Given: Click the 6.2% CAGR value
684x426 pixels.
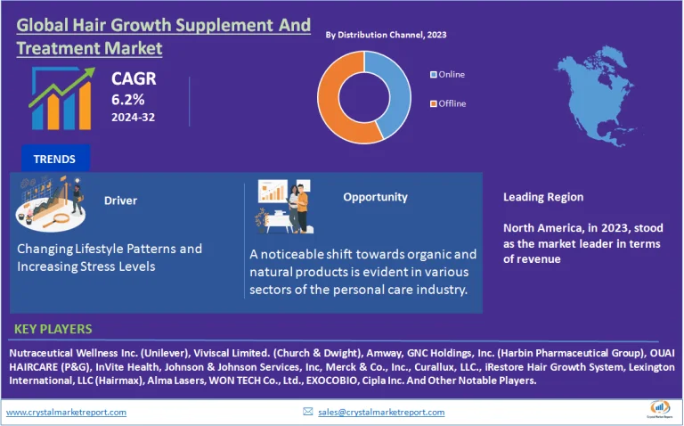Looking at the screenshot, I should (126, 98).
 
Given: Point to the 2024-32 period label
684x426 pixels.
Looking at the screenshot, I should (132, 116).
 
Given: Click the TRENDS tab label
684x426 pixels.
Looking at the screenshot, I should (54, 160).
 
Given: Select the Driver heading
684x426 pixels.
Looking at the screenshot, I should (120, 201).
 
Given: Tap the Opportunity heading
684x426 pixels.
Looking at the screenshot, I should (375, 197).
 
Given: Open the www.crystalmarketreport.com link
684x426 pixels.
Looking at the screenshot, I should (67, 412).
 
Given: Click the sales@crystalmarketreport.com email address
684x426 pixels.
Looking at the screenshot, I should (380, 412).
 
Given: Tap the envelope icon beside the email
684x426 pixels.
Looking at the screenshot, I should (308, 412).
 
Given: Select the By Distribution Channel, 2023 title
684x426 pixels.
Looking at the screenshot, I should (386, 35).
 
